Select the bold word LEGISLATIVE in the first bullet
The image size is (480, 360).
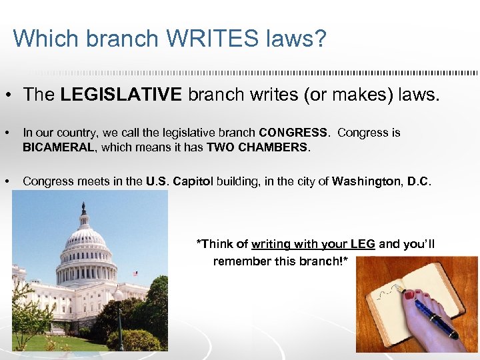click(121, 95)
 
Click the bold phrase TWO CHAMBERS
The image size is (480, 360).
click(258, 146)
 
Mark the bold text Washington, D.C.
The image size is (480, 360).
click(381, 181)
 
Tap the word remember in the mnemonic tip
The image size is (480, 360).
click(242, 261)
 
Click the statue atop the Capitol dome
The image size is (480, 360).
click(83, 207)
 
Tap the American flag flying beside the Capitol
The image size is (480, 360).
click(135, 273)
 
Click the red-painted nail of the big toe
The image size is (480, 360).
click(408, 294)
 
